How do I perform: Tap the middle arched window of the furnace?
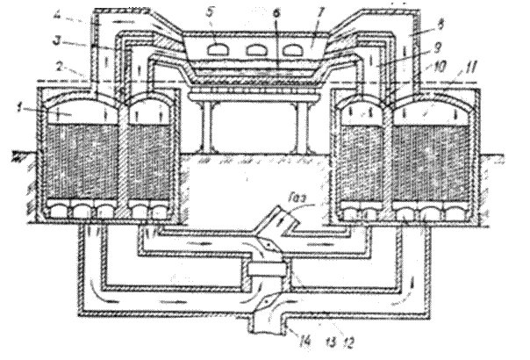pyautogui.click(x=256, y=50)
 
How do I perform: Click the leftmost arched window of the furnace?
pyautogui.click(x=212, y=50)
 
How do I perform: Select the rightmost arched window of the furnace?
pyautogui.click(x=298, y=50)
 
